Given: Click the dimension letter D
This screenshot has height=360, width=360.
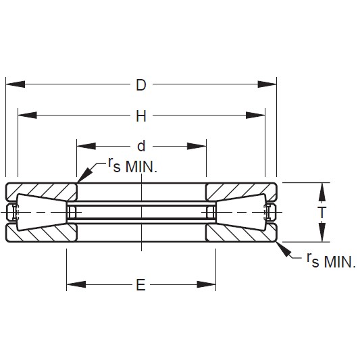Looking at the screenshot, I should coord(141,85).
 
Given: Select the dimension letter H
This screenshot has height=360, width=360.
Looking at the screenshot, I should coord(141,116).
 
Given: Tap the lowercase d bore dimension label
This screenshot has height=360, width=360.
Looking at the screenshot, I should coord(141,146).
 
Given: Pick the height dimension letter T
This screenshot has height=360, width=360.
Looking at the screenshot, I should coord(322,212).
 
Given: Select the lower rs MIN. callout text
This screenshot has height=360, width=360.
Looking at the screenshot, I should coord(330,261).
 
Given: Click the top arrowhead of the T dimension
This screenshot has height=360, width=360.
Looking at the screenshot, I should coord(322,190).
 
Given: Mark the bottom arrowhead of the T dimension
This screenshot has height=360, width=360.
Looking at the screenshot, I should coord(322,234).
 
